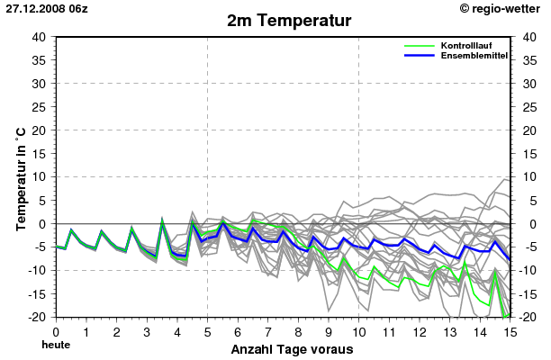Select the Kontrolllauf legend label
465,45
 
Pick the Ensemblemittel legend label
474,56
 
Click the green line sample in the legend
420,45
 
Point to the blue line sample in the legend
420,56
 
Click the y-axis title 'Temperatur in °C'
20,177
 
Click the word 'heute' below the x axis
56,345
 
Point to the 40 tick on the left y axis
39,37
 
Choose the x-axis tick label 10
359,331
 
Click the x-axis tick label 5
207,331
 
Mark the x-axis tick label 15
510,331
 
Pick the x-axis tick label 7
268,331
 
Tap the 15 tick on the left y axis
39,154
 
